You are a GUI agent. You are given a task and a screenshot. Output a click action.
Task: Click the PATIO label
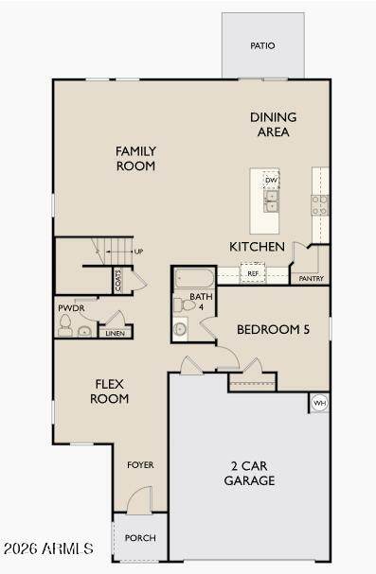[x=262, y=45]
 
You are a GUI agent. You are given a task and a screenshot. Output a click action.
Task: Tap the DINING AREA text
[x=274, y=125]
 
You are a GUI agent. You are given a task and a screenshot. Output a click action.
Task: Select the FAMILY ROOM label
[x=135, y=159]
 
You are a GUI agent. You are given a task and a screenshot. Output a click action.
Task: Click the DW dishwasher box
[x=271, y=180]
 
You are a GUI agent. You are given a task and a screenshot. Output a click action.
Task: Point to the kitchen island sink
[x=271, y=201]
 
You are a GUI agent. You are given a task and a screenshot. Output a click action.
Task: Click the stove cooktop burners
[x=320, y=205]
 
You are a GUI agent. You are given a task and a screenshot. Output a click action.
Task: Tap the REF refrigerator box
[x=253, y=273]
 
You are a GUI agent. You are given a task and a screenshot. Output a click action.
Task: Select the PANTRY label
[x=312, y=279]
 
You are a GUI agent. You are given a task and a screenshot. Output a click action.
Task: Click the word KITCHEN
[x=257, y=247]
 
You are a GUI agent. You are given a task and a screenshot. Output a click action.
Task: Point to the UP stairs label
[x=138, y=252]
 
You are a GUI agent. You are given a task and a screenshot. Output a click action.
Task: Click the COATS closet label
[x=118, y=281]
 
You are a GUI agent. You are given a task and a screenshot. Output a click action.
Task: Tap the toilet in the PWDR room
[x=64, y=325]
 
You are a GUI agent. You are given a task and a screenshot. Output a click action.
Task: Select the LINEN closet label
[x=115, y=333]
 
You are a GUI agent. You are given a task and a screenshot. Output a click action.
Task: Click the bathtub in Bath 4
[x=194, y=279]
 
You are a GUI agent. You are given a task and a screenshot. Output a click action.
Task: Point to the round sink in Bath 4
[x=180, y=329]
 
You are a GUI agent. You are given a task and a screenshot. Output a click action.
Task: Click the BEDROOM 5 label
[x=273, y=329]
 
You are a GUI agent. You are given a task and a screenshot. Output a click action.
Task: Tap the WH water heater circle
[x=320, y=403]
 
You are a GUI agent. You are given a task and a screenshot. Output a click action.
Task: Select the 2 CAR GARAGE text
[x=249, y=473]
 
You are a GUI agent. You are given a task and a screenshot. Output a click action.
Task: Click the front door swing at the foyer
[x=140, y=499]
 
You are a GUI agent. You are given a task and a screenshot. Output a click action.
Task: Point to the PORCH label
[x=140, y=538]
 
